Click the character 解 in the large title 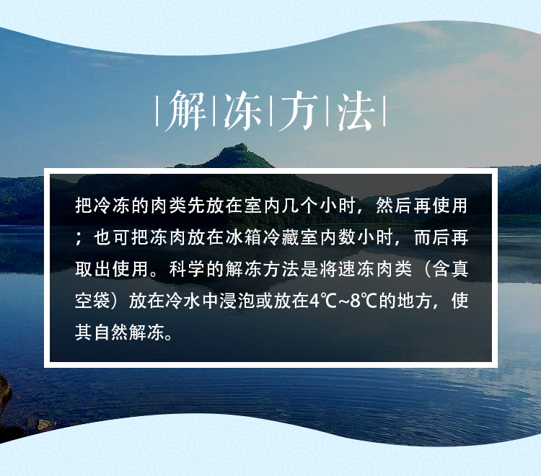pos(186,111)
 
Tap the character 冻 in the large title pos(242,111)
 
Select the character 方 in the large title pos(299,111)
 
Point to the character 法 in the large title pos(356,111)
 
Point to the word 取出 pos(93,269)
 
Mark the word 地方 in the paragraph pos(415,301)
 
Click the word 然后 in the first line pos(394,206)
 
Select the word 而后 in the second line pos(431,238)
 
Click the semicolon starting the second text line pos(79,238)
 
